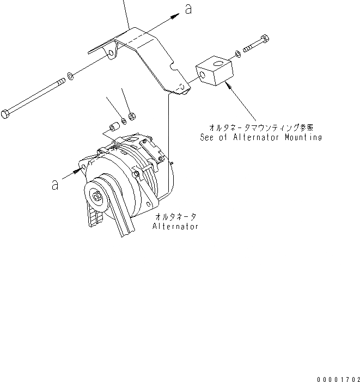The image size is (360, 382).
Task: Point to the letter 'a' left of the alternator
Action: click(55, 185)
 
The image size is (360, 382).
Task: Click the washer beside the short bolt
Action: click(238, 53)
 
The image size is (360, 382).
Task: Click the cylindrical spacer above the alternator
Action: click(113, 127)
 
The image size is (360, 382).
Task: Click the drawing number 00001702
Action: click(336, 377)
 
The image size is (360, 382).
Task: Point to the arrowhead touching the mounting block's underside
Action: click(230, 84)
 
